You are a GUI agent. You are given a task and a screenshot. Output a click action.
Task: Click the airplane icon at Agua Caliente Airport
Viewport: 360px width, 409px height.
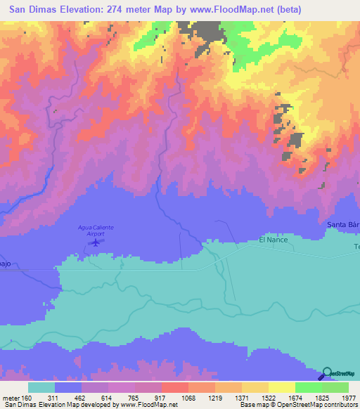(x=95, y=242)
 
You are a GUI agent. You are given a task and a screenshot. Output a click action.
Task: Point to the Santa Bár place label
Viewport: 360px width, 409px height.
(x=343, y=225)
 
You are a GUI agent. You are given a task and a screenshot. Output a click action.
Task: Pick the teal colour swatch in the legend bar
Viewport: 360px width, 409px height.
(x=41, y=387)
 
